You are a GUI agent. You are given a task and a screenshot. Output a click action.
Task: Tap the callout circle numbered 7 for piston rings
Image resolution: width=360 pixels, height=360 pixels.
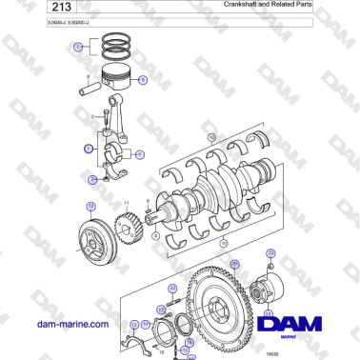click(x=79, y=45)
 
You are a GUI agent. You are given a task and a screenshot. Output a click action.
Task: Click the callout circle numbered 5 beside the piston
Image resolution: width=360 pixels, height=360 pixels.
click(x=143, y=81)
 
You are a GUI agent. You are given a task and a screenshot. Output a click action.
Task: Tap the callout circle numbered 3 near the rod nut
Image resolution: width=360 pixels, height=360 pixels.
click(x=91, y=178)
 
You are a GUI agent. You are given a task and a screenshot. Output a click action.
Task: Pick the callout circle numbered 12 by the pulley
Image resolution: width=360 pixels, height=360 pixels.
click(x=90, y=205)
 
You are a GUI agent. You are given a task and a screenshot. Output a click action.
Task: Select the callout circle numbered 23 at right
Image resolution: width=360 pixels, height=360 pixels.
click(x=270, y=252)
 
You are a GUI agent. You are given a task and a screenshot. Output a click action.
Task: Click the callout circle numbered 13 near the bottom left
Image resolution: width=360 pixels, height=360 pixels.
click(x=134, y=323)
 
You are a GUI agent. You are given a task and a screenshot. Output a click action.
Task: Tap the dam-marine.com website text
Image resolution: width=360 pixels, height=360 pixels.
click(x=70, y=324)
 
